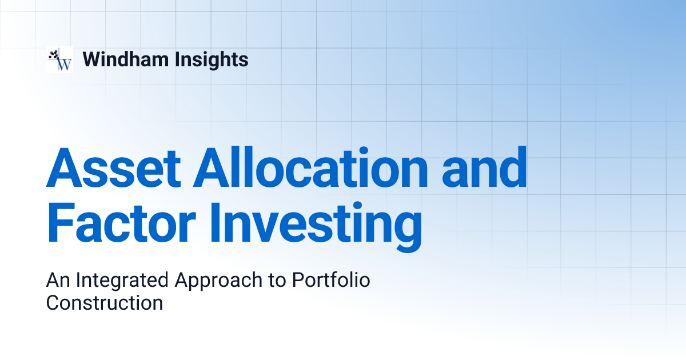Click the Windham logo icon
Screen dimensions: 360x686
pos(59,59)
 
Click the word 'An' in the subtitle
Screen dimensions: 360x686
pos(58,281)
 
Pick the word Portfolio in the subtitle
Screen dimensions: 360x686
pos(331,281)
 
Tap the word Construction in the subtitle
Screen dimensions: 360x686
pos(105,303)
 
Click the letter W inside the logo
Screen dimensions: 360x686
pos(65,64)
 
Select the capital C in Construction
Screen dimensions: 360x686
pos(53,303)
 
